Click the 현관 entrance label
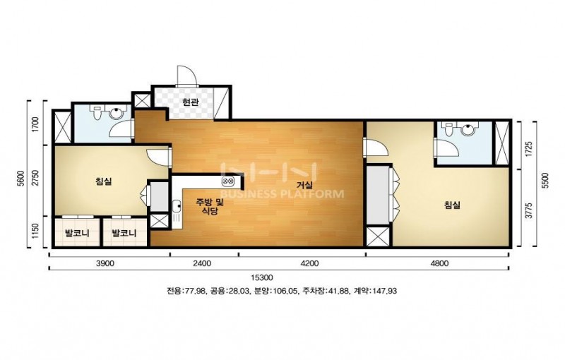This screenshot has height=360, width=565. tap(190, 103)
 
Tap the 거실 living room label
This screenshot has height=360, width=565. tap(304, 186)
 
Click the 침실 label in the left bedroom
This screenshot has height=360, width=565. tap(103, 181)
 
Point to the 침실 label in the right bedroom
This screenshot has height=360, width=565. tap(452, 205)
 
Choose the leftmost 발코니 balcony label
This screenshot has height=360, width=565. tap(77, 233)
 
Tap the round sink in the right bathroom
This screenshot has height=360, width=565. tap(468, 130)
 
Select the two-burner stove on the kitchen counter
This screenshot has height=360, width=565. tap(228, 181)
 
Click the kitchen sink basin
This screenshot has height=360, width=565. tap(177, 206)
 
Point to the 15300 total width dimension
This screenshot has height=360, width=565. tap(262, 277)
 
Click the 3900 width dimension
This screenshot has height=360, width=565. tap(105, 263)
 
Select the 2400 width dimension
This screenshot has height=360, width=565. tap(202, 263)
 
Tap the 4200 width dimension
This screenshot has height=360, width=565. tap(309, 263)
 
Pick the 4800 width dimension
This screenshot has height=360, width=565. tap(439, 263)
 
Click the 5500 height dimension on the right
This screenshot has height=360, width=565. tap(545, 181)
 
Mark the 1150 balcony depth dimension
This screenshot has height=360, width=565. tap(35, 232)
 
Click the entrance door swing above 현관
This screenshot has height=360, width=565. tap(186, 76)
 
